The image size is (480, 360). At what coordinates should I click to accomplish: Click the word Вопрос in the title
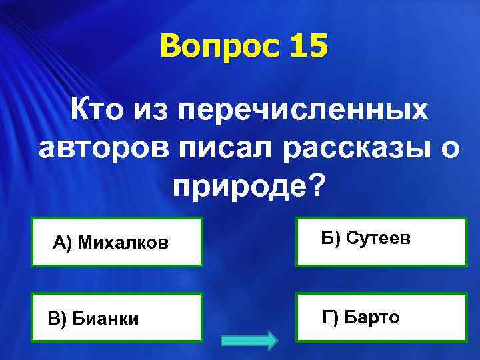click(212, 47)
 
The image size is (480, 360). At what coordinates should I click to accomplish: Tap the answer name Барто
click(373, 317)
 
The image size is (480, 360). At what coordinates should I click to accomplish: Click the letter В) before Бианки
click(57, 319)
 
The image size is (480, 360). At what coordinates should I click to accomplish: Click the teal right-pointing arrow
click(249, 340)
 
